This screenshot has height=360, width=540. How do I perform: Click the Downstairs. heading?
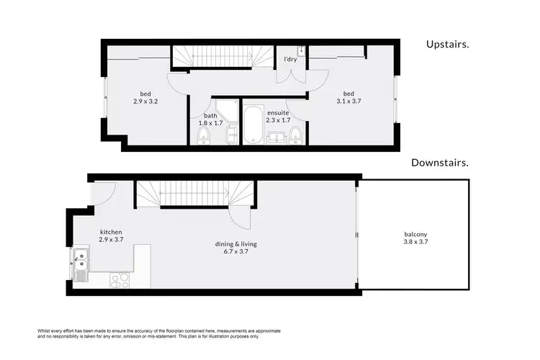440,163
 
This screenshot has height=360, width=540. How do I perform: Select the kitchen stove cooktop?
119,281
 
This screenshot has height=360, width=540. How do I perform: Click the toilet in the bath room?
203,137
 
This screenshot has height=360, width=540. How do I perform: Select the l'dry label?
290,59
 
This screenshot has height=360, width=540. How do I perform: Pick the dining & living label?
237,244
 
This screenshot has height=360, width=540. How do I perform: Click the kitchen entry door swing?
103,194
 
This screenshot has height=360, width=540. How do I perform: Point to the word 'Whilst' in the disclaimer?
45,330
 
